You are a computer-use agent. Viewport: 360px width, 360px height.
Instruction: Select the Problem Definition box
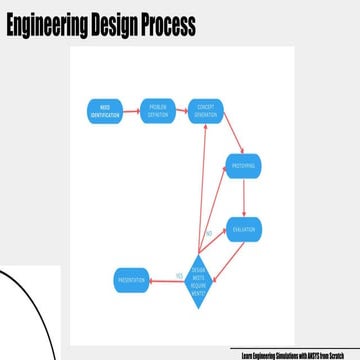coord(157,109)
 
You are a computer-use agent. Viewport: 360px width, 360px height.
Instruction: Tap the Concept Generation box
coord(206,109)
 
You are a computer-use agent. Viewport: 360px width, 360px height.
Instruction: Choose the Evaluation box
coord(244,230)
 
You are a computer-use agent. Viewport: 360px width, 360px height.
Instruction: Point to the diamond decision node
coord(198,276)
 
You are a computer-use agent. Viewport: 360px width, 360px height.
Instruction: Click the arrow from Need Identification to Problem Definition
coord(131,109)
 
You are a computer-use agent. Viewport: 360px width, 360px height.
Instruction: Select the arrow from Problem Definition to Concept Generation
coord(181,109)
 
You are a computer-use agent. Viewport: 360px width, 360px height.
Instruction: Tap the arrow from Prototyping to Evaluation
coord(244,197)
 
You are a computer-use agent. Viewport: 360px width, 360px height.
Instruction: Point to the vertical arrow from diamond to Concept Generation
coord(203,190)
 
